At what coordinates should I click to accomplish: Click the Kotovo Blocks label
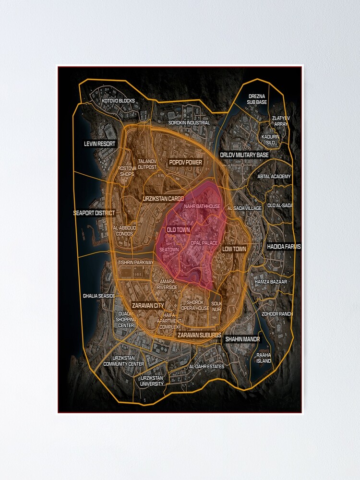pos(118,101)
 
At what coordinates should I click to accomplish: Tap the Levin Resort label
pos(100,144)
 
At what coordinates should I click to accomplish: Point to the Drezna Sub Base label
pos(257,99)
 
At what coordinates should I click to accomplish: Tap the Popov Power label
pos(186,163)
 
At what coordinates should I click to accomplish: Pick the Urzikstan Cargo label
pos(163,198)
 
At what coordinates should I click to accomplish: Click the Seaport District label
pos(94,213)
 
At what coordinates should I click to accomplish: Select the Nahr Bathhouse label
pos(202,206)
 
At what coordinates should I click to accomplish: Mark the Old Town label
pos(178,230)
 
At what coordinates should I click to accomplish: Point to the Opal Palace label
pos(204,243)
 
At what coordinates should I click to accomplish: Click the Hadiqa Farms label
pos(284,247)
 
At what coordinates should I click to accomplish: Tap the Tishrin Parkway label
pos(135,263)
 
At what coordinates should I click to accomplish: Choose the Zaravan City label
pos(147,305)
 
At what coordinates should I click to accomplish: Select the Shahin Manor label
pos(242,339)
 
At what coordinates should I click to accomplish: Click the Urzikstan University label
pos(152,381)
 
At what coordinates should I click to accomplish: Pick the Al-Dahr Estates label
pos(207,367)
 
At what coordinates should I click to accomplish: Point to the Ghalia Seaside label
pos(99,296)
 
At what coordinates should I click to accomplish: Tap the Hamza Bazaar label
pos(271,281)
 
